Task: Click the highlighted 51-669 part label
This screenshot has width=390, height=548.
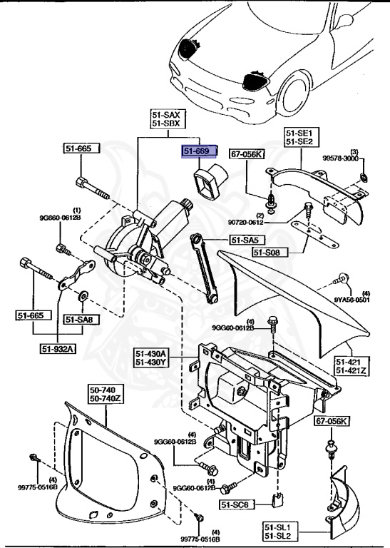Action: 195,152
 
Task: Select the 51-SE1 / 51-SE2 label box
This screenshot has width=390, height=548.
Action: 303,138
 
